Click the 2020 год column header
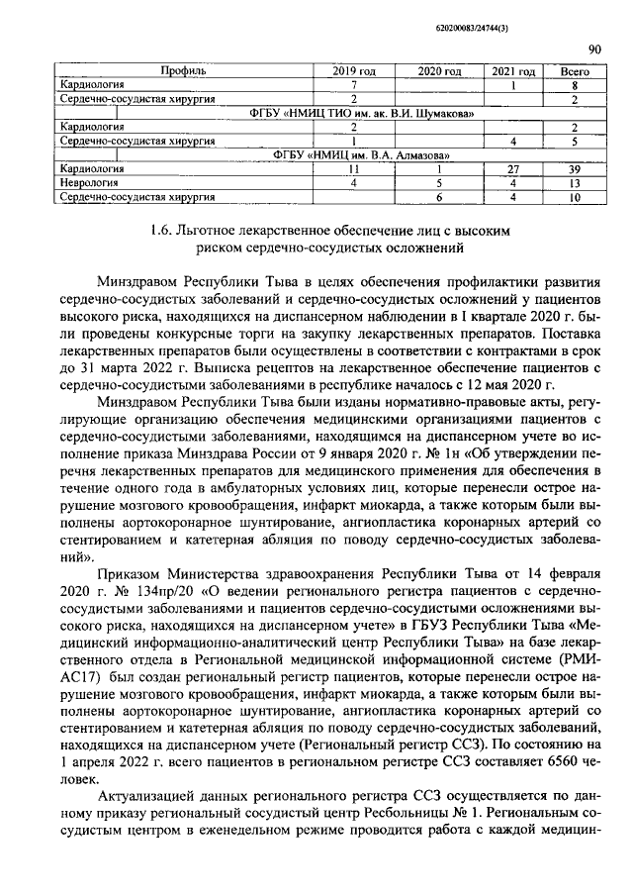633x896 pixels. coord(439,71)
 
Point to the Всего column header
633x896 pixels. coord(575,71)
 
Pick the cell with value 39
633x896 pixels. coord(575,169)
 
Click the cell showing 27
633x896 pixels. coord(513,169)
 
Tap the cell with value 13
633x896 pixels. coord(575,183)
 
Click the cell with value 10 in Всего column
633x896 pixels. coord(575,197)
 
